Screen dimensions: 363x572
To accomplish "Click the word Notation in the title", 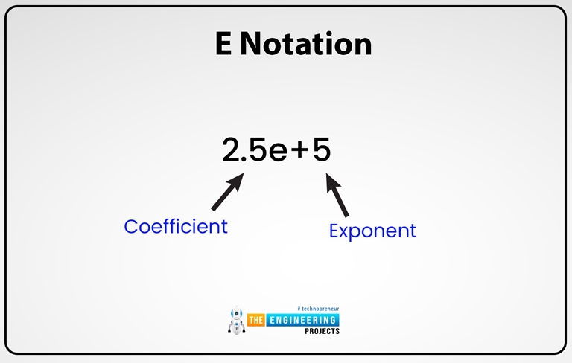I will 306,44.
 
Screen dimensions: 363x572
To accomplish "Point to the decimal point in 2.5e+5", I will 248,159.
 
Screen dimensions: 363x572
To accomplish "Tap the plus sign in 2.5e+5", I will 299,152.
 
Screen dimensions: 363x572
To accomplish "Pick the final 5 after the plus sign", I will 321,151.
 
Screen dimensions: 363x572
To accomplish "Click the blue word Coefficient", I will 176,226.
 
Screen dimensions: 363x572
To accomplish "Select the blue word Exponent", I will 372,231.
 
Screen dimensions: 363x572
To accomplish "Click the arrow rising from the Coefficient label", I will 228,192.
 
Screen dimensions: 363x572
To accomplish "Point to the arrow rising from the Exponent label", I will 337,195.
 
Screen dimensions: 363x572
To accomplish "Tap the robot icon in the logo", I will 236,320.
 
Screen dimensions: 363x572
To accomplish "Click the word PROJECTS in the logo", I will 322,331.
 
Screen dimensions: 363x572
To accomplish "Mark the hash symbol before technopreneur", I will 298,308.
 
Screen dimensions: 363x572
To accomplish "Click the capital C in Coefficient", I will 132,226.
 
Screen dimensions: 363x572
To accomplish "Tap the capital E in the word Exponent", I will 334,231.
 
